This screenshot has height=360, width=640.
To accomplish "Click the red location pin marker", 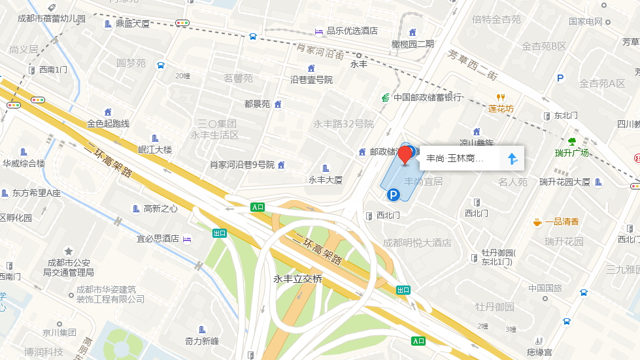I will pyautogui.click(x=406, y=155).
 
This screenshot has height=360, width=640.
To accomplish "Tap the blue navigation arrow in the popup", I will pyautogui.click(x=513, y=158).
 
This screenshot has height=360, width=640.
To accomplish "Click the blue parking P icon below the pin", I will pyautogui.click(x=393, y=194).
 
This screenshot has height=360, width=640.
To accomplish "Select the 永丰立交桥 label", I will pyautogui.click(x=298, y=279).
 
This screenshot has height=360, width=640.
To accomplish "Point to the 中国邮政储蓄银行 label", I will pyautogui.click(x=428, y=98).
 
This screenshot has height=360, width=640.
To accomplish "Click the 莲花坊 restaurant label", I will pyautogui.click(x=501, y=108).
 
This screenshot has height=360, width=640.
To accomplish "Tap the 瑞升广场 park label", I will pyautogui.click(x=572, y=153).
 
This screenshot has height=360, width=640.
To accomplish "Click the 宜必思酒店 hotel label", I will pyautogui.click(x=158, y=238).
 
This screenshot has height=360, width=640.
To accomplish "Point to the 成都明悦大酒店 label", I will pyautogui.click(x=417, y=243).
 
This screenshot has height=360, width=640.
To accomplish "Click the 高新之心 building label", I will pyautogui.click(x=160, y=209).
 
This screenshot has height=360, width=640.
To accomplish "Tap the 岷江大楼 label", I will pyautogui.click(x=155, y=150).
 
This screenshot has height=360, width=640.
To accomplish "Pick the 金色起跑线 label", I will pyautogui.click(x=109, y=123).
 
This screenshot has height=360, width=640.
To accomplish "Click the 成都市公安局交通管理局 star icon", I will pyautogui.click(x=69, y=251).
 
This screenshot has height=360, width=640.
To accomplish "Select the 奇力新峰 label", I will pyautogui.click(x=201, y=340).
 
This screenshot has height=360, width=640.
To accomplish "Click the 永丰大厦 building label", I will pyautogui.click(x=326, y=180).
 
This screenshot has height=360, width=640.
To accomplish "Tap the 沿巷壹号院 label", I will pyautogui.click(x=311, y=80).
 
